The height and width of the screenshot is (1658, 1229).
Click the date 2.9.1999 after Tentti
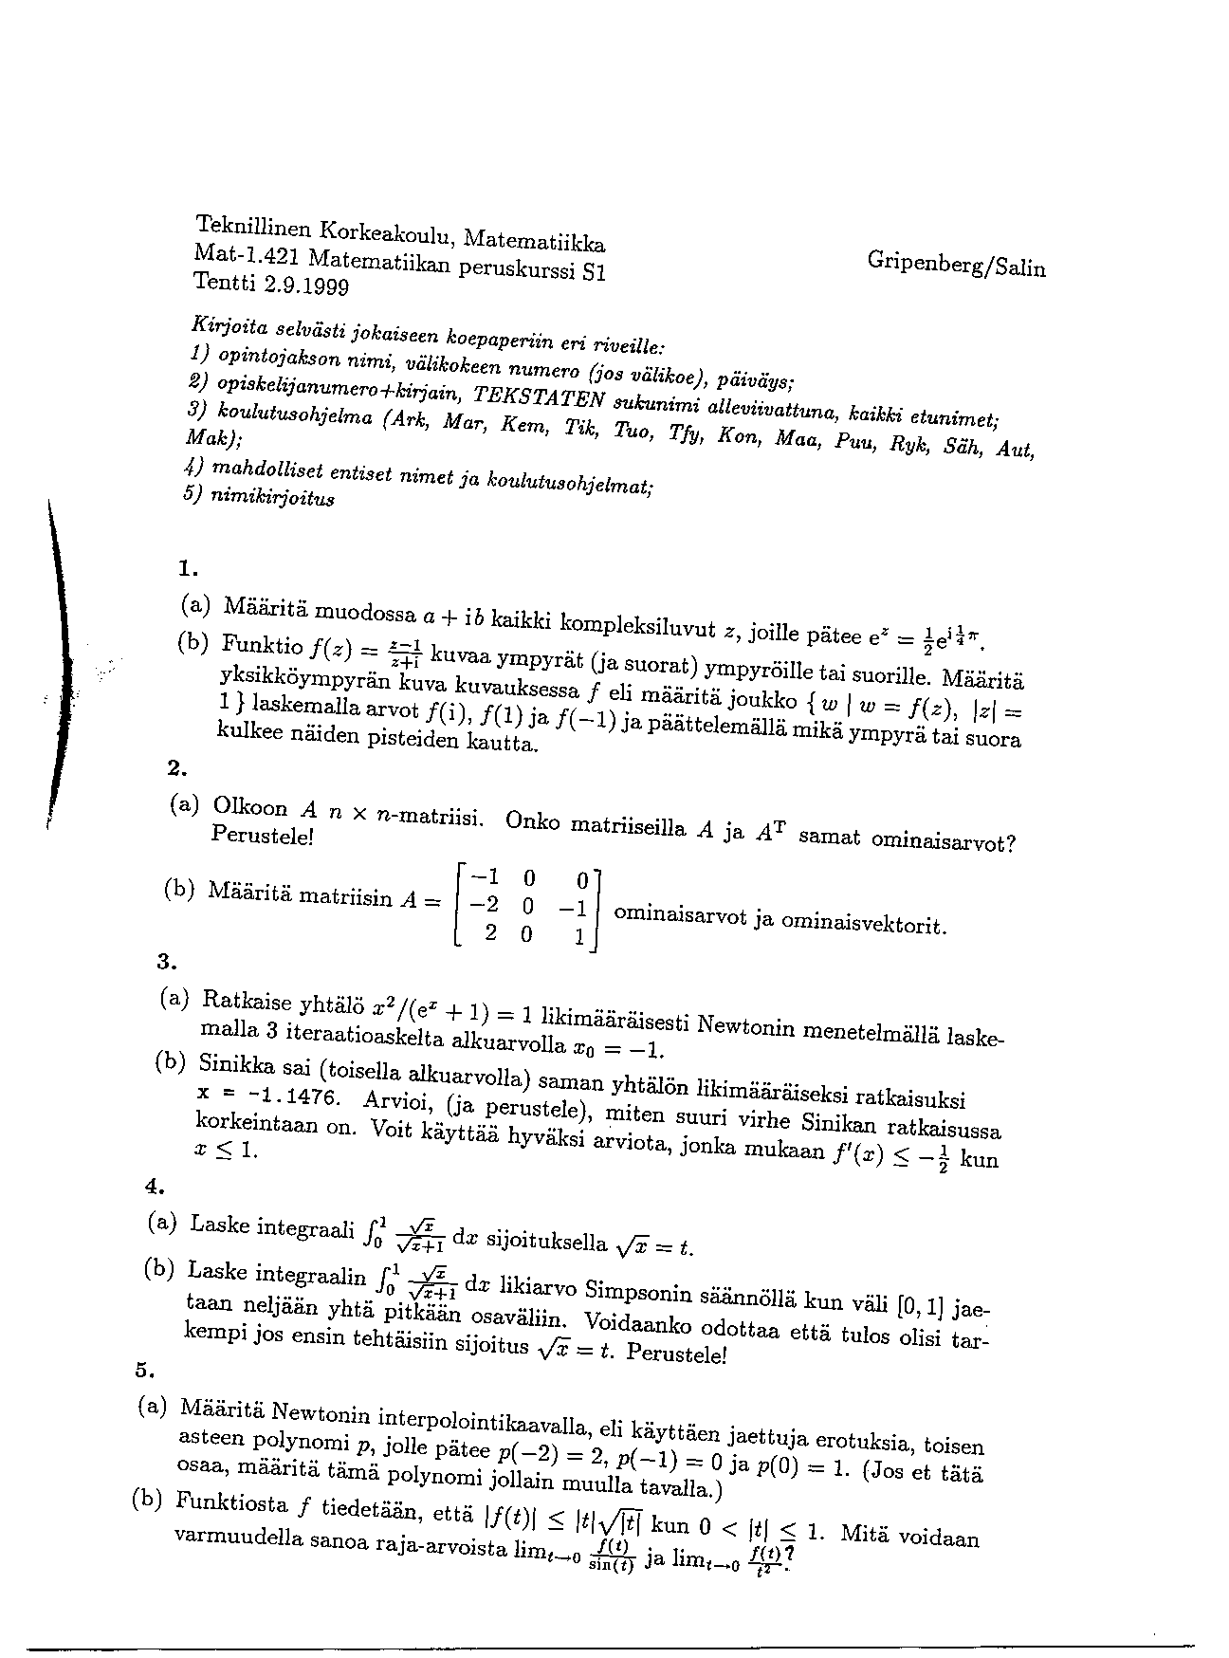[x=306, y=284]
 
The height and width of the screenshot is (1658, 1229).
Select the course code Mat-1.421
[x=248, y=254]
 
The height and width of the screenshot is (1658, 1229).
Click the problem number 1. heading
[x=187, y=569]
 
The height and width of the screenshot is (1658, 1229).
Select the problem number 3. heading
[x=167, y=962]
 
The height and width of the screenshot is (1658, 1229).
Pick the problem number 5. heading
[x=144, y=1370]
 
